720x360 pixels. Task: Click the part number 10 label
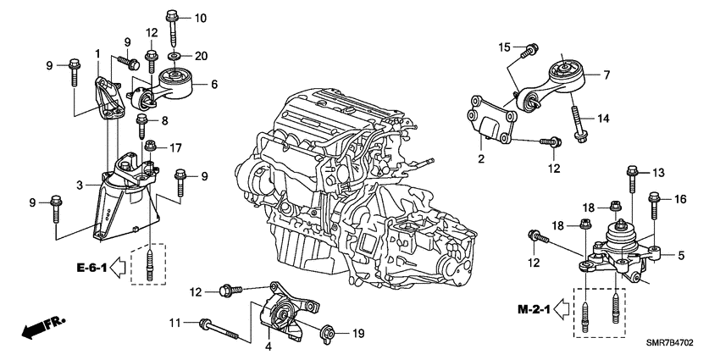pos(200,18)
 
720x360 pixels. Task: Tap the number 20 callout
pos(200,57)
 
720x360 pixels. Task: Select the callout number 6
pos(214,84)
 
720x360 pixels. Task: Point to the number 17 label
pos(175,147)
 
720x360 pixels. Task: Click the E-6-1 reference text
pos(88,269)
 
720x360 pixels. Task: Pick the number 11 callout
pos(175,323)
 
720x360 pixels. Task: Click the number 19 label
pos(357,334)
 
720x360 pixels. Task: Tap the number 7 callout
pos(606,75)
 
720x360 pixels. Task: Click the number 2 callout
pos(480,158)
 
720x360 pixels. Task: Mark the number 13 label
pos(656,173)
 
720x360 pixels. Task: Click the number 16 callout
pos(680,199)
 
